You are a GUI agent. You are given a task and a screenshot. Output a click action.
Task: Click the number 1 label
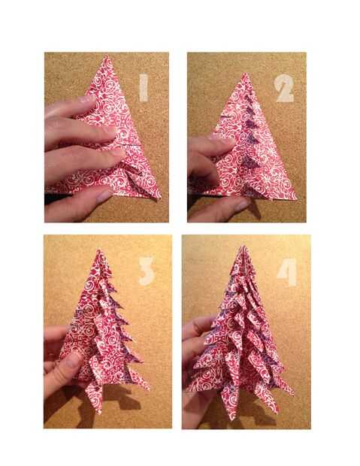tap(144, 88)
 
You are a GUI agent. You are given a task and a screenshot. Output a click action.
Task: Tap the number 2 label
tap(284, 88)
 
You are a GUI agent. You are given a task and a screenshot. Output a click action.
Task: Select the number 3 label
tap(147, 271)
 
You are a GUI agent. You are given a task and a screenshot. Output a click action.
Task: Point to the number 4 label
tap(287, 272)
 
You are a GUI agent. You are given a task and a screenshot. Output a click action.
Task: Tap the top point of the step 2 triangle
tap(245, 74)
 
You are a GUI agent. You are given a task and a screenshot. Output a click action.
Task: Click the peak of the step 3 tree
tap(100, 250)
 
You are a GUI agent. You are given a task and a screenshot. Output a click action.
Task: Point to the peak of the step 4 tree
tap(244, 247)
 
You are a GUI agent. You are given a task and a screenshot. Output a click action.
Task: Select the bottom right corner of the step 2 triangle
tap(296, 199)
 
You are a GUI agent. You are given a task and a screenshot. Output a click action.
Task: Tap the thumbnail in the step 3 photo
tap(72, 359)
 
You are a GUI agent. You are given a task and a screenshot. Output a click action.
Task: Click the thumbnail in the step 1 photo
tap(104, 195)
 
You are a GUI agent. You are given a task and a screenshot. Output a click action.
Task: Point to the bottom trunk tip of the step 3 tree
tap(99, 413)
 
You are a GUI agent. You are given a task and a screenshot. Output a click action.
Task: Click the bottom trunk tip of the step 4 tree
tap(233, 419)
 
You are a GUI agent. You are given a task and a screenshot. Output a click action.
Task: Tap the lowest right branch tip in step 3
tap(150, 389)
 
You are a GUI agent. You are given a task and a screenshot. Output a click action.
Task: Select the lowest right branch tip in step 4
tap(293, 394)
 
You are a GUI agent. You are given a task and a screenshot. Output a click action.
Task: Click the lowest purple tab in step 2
tap(248, 163)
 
